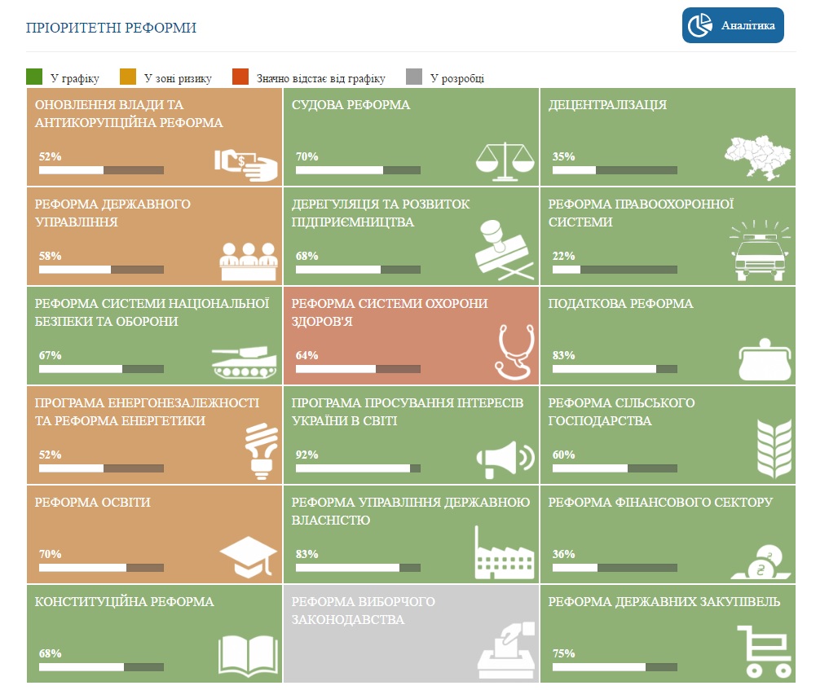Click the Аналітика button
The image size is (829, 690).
(x=733, y=25)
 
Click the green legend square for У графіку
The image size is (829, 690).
(x=34, y=77)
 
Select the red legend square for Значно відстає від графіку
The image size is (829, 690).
(x=240, y=77)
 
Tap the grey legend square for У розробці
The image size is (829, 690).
(x=414, y=77)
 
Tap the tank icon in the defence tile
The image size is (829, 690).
(x=244, y=359)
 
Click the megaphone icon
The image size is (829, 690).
(x=505, y=459)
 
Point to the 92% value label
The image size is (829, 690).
(x=306, y=455)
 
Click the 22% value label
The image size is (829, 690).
(x=563, y=256)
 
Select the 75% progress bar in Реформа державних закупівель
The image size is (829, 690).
(x=615, y=667)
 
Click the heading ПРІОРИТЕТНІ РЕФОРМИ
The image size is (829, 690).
(x=111, y=29)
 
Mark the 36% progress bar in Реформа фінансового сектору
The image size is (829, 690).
(x=615, y=568)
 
